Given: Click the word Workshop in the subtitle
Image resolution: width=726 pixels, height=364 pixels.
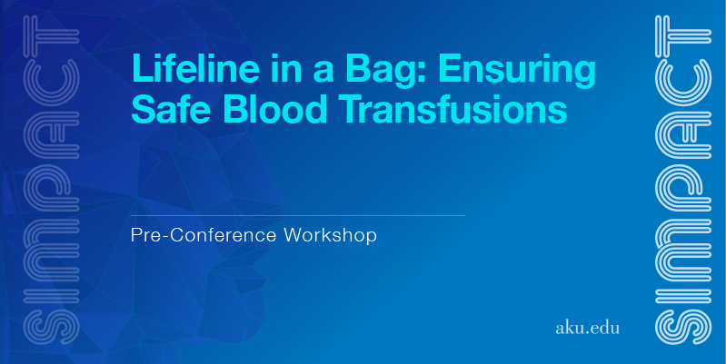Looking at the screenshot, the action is click(330, 235).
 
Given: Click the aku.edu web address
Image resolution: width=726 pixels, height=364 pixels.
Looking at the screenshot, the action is click(587, 328).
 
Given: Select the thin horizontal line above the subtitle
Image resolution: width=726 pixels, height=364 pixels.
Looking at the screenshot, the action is click(298, 215).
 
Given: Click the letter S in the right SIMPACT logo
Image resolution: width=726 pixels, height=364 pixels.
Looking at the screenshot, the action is click(683, 327).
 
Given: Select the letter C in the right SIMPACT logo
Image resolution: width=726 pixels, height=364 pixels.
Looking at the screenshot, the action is click(683, 82).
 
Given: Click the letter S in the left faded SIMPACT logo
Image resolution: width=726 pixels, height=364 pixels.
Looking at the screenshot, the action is click(52, 327).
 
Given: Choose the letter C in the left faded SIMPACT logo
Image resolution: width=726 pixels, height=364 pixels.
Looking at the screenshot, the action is click(52, 82).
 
